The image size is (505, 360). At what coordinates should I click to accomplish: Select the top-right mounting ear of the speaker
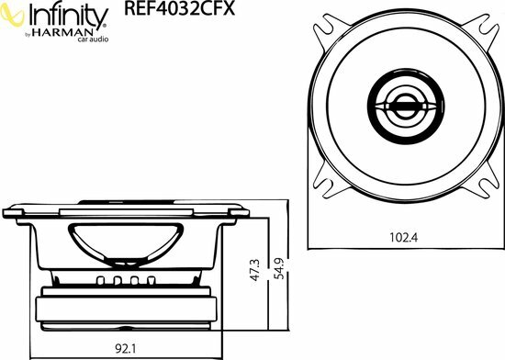[x=481, y=25]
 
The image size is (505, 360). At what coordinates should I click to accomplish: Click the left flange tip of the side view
[x=10, y=212]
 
